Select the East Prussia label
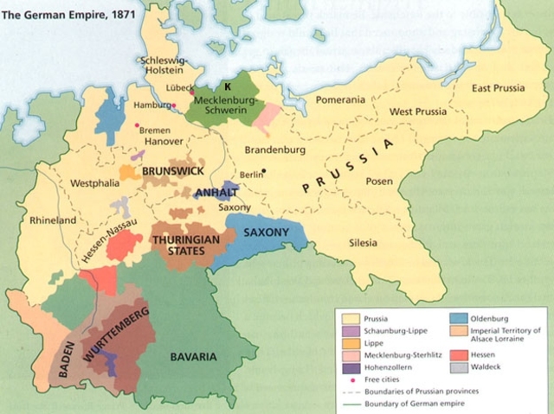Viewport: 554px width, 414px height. tap(498, 88)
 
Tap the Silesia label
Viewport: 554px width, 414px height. tap(364, 245)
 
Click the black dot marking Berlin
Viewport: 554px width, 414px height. tap(265, 171)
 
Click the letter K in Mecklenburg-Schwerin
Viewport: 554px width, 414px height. tap(228, 87)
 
